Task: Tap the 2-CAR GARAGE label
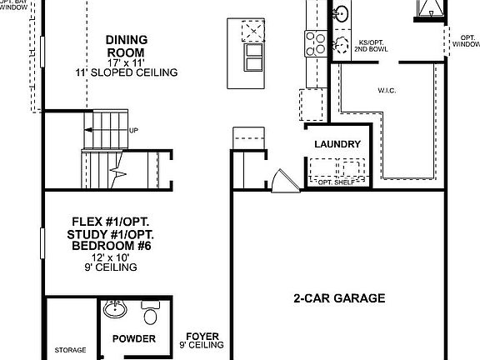339,297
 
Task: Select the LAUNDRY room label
337,144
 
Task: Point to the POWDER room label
134,338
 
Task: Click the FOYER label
202,337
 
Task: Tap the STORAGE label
70,350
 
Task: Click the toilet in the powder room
151,315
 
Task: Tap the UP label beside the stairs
133,130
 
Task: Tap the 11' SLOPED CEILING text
137,72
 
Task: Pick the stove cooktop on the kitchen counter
316,41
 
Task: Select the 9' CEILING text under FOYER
202,345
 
